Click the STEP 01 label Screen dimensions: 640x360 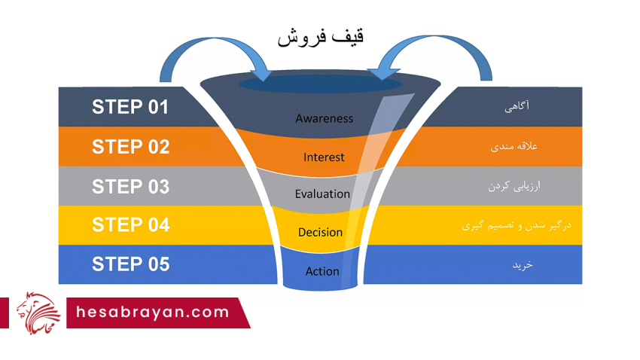[130, 108]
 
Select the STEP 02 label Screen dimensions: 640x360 [130, 147]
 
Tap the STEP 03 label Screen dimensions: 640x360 [130, 187]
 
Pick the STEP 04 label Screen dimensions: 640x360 [130, 225]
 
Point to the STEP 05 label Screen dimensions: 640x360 [130, 264]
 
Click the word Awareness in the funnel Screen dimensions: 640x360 [324, 118]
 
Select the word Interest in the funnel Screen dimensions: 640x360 [324, 157]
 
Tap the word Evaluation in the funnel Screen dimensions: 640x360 [322, 194]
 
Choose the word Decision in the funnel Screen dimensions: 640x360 [320, 232]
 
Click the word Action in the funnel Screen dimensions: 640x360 [322, 271]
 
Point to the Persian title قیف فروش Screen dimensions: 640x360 [321, 38]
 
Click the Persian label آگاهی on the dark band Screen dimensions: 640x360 [517, 106]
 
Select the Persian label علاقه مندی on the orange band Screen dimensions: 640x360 [514, 146]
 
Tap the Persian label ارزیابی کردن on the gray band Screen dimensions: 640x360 [514, 186]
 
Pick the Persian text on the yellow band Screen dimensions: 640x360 [517, 225]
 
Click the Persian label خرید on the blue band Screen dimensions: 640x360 [523, 265]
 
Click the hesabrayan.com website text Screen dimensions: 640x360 [153, 313]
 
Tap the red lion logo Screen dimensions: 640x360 [38, 313]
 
